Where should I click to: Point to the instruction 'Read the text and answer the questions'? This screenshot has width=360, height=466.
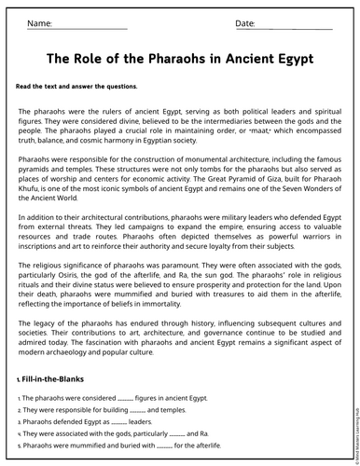tap(76, 87)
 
